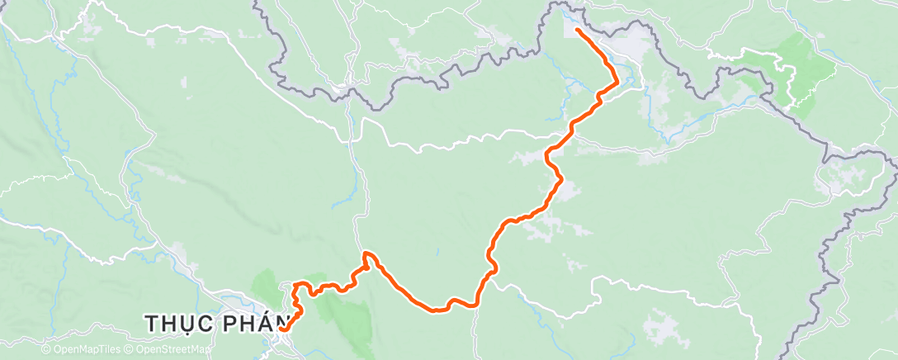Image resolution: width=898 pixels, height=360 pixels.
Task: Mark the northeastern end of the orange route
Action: point(575,31)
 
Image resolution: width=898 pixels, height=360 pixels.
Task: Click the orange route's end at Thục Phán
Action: point(282,329)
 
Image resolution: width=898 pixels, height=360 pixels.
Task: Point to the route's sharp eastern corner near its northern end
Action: point(617,79)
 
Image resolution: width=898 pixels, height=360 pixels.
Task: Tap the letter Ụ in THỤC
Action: point(189,324)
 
